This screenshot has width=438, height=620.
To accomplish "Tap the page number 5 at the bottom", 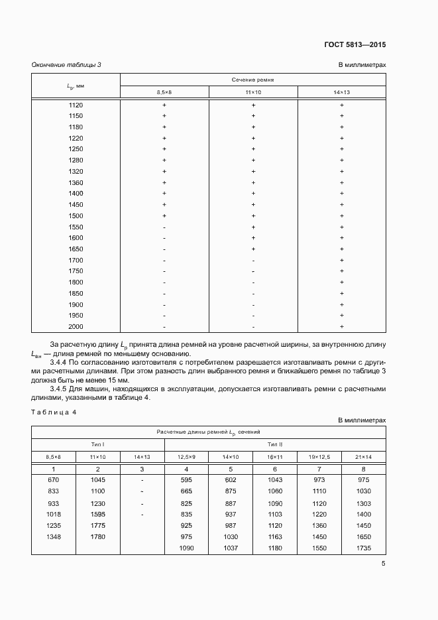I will coord(384,564).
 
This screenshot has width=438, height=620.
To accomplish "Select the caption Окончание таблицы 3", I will coord(66,64).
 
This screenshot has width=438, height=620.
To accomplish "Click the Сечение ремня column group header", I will coord(252,80).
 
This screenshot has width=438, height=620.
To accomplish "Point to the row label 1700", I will coord(76,260).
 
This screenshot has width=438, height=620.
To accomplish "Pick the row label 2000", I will coord(76,326).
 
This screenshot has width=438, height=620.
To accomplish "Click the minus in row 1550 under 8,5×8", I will coord(164,227).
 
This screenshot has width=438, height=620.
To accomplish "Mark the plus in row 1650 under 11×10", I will coord(253,249).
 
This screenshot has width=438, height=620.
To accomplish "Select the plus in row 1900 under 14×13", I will coord(342,304).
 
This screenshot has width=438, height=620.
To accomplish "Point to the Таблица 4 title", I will coord(54,412).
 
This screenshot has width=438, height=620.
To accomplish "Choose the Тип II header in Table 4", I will coord(275,444).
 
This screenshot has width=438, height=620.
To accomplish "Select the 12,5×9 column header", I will coord(186,456).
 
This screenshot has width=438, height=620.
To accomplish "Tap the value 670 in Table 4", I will coord(54,479).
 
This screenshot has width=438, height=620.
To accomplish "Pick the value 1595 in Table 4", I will coord(97,514).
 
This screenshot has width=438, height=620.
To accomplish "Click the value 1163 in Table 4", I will coord(274,536).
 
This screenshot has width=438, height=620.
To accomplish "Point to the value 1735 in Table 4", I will coord(364,548).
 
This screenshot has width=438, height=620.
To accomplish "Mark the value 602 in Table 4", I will coord(231,479).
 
